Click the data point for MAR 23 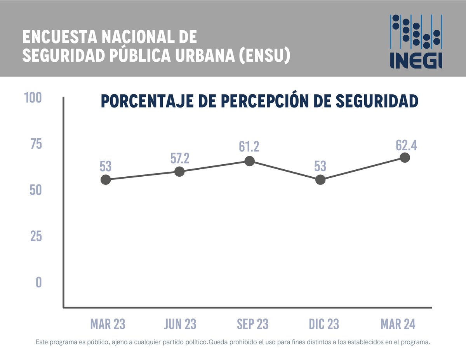106,179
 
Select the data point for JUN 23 179,171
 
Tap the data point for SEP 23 250,161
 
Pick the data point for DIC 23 320,179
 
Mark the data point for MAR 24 405,157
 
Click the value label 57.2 179,158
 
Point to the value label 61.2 249,147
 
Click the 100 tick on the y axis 33,97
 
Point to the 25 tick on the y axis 36,237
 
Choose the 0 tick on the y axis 38,282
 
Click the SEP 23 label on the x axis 252,324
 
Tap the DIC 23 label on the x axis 324,324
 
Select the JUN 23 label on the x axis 180,324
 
